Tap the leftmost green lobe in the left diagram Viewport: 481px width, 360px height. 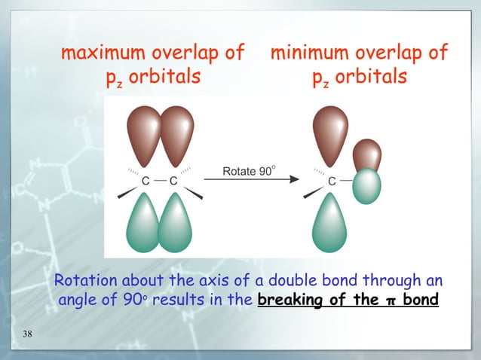pos(146,223)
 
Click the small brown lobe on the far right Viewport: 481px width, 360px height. pos(366,155)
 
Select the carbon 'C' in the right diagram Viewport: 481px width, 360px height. pos(331,182)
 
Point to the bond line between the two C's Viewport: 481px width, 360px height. pos(160,182)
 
